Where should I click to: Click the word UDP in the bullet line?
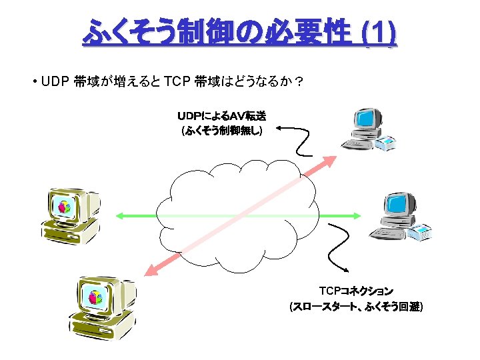coord(55,82)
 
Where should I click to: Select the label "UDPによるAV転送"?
coord(222,117)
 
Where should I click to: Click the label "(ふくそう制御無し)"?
coord(222,131)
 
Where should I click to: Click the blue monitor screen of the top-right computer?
coord(365,121)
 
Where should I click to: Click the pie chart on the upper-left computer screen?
coord(65,207)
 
